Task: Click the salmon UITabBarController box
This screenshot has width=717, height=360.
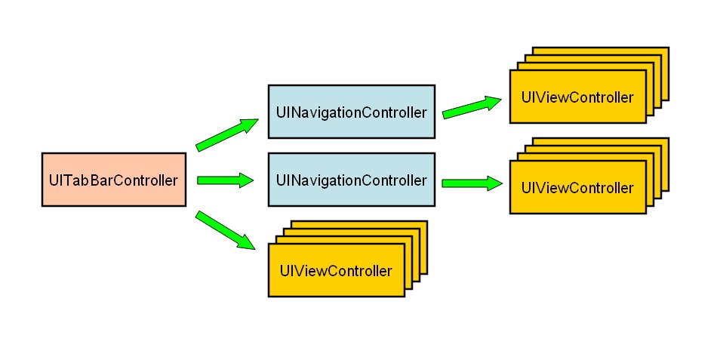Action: coord(113,179)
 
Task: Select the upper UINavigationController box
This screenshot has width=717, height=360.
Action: coord(352,112)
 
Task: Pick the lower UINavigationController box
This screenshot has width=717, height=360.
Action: coord(352,180)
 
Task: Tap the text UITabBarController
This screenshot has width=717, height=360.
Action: coord(113,180)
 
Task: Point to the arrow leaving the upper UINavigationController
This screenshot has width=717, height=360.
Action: coord(472,107)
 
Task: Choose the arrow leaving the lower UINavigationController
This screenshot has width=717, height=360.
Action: coord(472,183)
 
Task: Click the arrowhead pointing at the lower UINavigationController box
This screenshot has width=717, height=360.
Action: coord(246,180)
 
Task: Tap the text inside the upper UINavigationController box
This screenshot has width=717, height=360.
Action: coord(352,112)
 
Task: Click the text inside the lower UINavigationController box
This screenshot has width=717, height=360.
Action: coord(352,180)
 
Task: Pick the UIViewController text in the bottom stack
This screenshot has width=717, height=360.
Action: coord(336,271)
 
